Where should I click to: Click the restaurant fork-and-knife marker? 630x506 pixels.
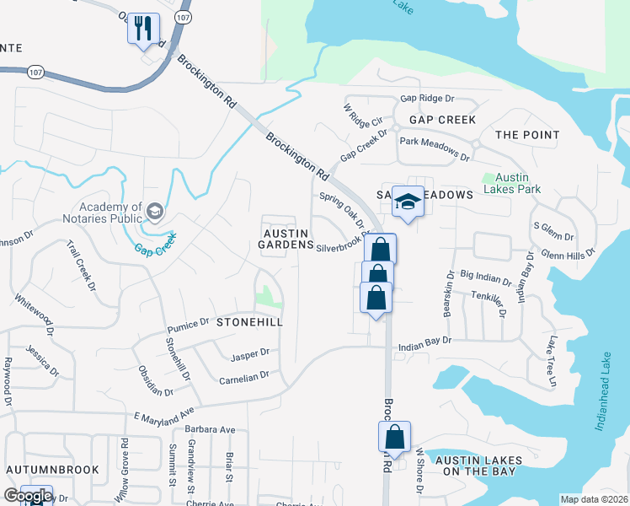pos(142,29)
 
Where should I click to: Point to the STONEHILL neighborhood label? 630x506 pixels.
pos(248,322)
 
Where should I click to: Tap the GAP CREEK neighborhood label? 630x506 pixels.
pos(443,120)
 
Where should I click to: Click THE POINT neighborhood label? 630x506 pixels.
pos(527,135)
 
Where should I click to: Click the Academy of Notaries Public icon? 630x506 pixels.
pos(154,210)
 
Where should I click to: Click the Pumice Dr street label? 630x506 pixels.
pos(188,324)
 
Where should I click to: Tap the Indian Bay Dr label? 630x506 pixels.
pos(425,342)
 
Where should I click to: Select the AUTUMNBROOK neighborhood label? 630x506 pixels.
pos(52,469)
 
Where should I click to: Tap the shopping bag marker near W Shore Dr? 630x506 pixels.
pos(394,438)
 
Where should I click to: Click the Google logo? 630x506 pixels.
pos(27,496)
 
